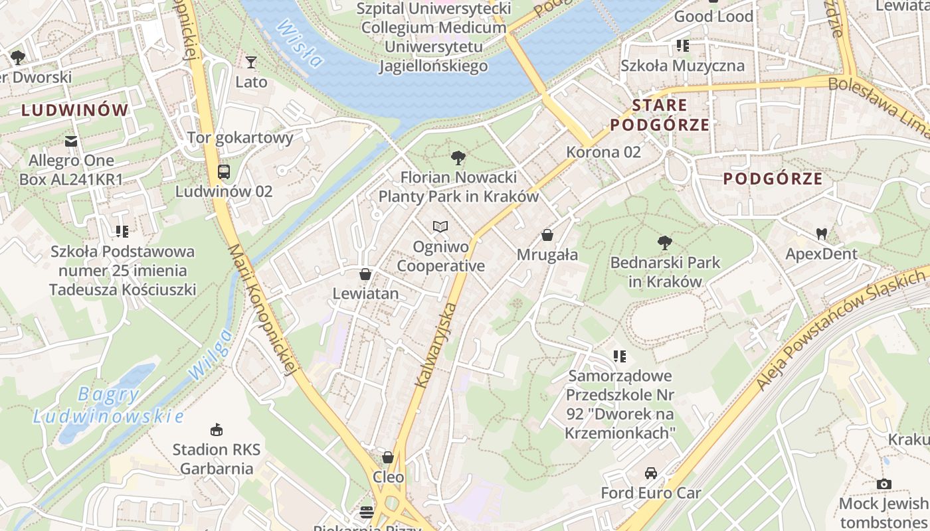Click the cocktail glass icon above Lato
tap(250, 62)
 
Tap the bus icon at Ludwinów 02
tap(224, 172)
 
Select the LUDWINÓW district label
tap(74, 110)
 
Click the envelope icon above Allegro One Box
tap(71, 141)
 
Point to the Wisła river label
tap(300, 44)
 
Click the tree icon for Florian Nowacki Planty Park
tap(458, 158)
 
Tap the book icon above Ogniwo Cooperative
tap(440, 227)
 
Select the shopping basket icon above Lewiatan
tap(365, 274)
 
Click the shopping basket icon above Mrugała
tap(547, 235)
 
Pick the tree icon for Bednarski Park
tap(664, 243)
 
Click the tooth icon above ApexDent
tap(821, 234)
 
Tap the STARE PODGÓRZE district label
tap(660, 115)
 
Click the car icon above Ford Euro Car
tap(650, 473)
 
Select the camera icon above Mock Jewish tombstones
tap(883, 484)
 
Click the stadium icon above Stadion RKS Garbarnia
tap(216, 429)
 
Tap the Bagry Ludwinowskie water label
tap(108, 405)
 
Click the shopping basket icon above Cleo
tap(388, 457)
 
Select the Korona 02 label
tap(603, 152)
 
